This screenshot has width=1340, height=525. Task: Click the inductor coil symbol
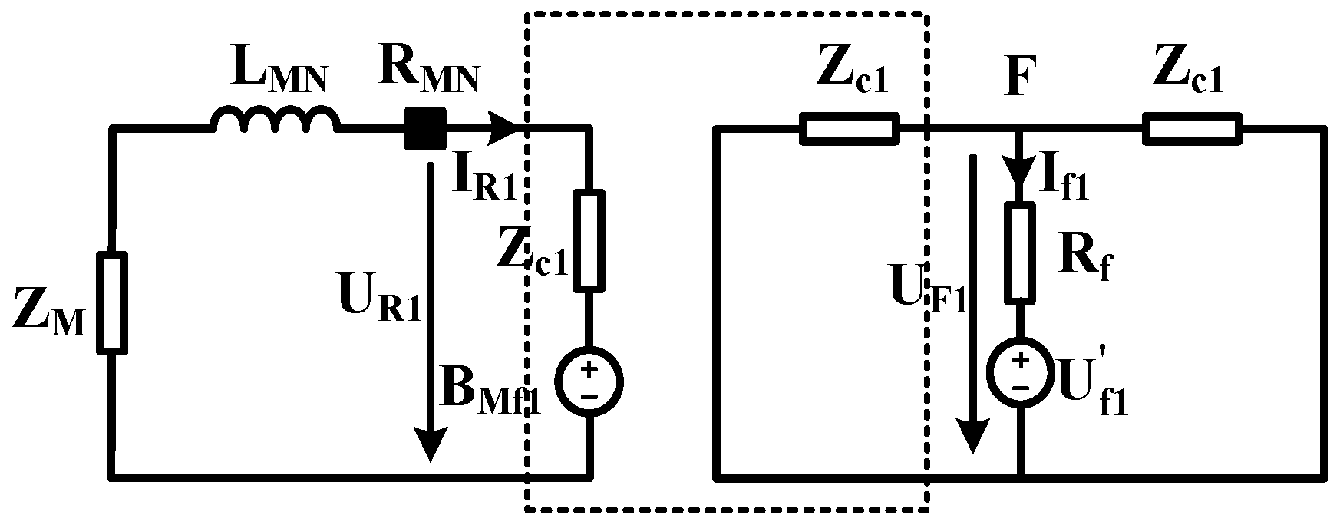275,122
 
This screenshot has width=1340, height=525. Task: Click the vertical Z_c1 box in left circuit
589,240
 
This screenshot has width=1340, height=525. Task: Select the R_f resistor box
1020,253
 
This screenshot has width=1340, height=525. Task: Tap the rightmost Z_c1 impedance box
1192,129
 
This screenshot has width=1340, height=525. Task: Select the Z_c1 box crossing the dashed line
849,129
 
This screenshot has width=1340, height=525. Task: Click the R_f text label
1084,261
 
